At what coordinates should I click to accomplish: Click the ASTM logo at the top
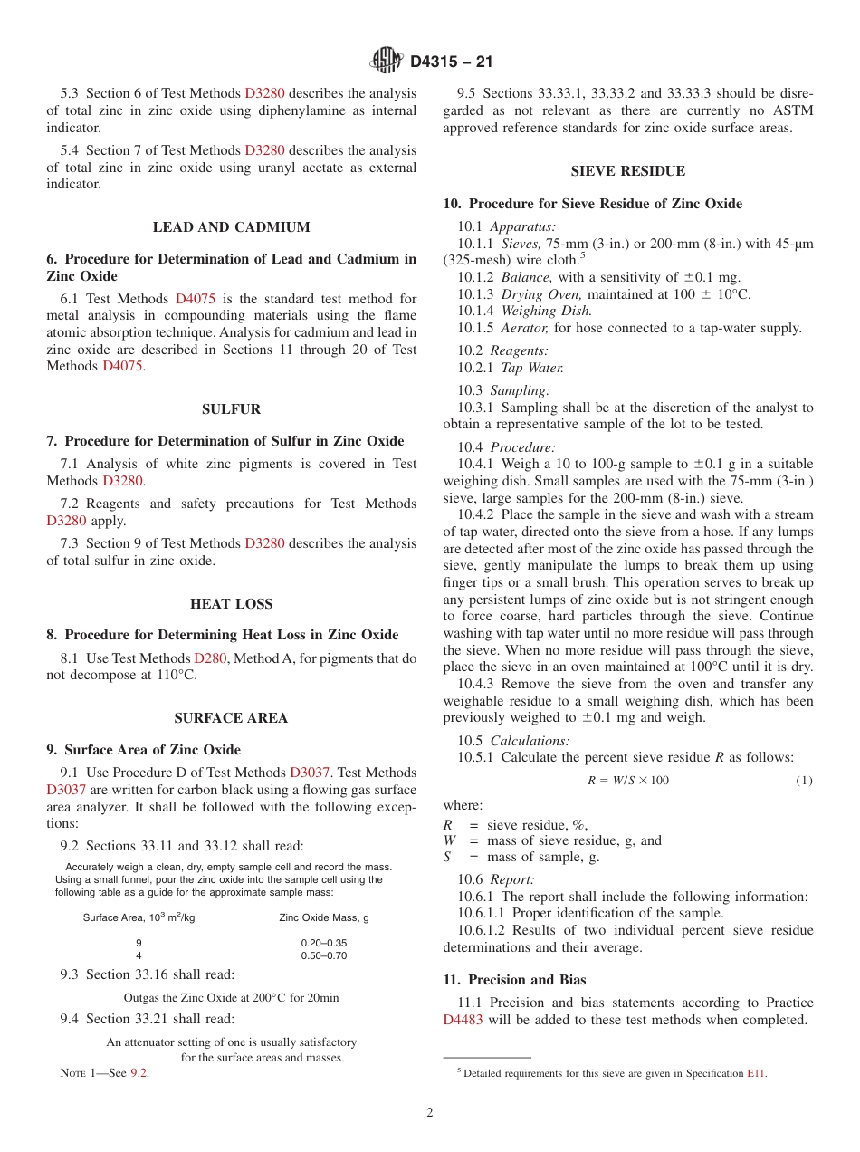[387, 61]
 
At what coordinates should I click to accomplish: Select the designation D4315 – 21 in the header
[451, 62]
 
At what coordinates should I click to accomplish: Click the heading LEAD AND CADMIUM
[232, 227]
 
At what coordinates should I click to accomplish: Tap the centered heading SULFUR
[232, 409]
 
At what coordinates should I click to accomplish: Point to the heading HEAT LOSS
[232, 604]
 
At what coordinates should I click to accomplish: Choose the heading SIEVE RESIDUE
[628, 171]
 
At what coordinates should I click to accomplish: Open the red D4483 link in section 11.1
[463, 1020]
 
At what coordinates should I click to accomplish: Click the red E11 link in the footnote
[756, 1074]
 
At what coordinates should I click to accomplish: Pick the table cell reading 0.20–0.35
[324, 943]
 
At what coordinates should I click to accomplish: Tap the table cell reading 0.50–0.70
[324, 955]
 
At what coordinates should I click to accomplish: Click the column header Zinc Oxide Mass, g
[324, 917]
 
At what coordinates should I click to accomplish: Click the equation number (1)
[804, 781]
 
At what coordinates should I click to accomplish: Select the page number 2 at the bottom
[430, 1113]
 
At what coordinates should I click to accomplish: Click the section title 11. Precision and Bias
[514, 980]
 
